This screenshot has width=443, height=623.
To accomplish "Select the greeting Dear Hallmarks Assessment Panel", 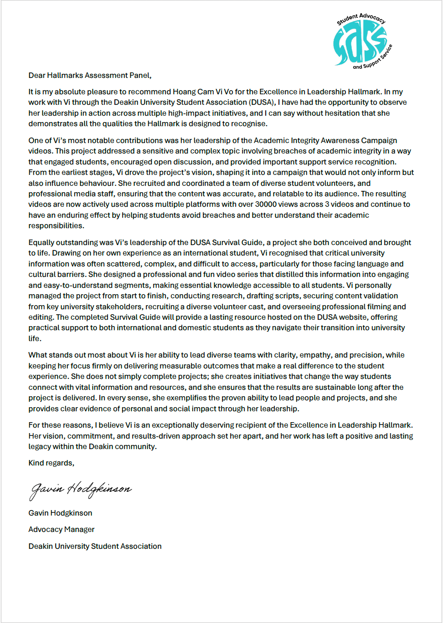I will (90, 76).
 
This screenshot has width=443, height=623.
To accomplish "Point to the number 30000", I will (266, 204).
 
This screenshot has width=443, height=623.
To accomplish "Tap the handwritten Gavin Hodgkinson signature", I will (81, 490).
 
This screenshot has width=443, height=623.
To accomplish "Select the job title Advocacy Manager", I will (62, 530).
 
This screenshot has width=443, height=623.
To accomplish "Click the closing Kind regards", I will (51, 463).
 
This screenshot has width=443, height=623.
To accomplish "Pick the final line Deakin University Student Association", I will (95, 546).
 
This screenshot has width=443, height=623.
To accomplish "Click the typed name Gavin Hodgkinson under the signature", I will (60, 513).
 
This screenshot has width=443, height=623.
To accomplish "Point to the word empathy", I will (317, 355).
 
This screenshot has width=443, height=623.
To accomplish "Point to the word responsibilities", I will (56, 226).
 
